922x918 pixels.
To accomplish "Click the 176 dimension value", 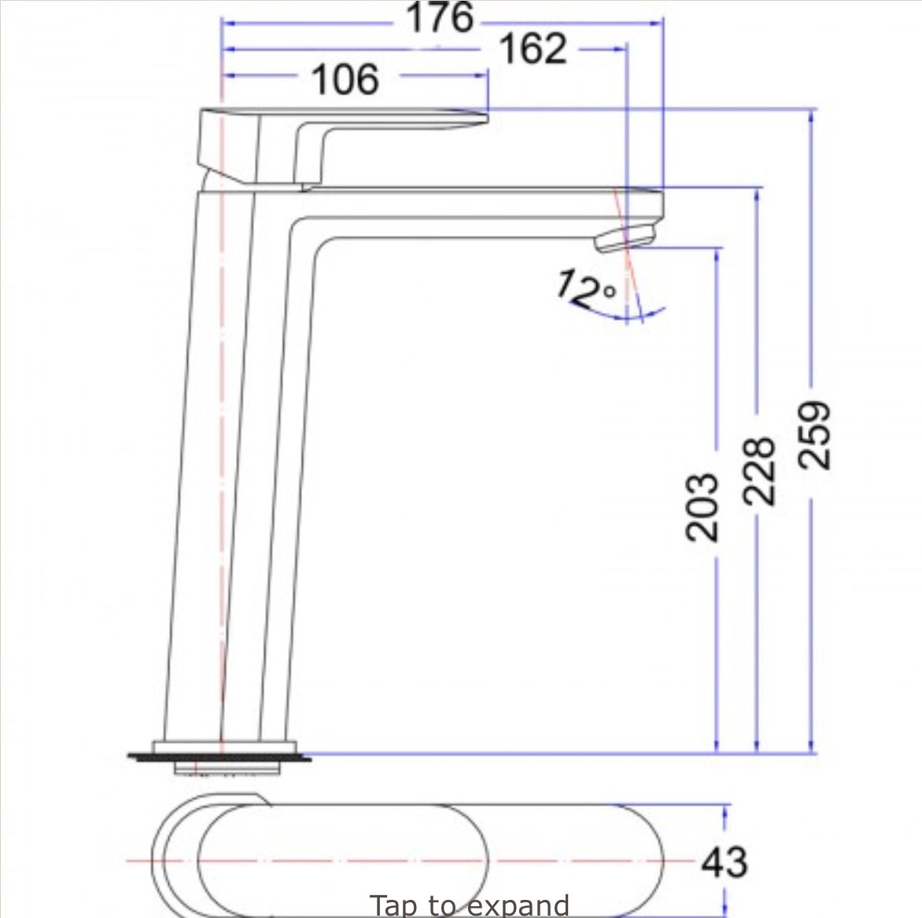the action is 440,17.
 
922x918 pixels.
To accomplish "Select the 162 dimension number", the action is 533,48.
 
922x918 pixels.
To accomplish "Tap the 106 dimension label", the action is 345,79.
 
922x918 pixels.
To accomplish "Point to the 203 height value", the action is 702,506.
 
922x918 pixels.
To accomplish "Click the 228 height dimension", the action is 758,471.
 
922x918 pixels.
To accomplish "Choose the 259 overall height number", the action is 814,435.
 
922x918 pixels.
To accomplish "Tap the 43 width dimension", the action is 725,862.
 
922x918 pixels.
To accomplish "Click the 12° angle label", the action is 586,288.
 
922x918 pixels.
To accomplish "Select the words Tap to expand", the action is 469,905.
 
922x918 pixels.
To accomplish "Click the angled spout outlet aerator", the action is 625,237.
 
